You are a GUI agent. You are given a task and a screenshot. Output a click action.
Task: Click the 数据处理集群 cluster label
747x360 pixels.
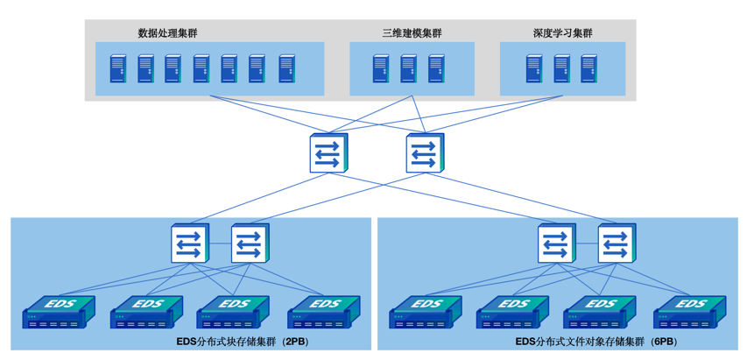coord(167,33)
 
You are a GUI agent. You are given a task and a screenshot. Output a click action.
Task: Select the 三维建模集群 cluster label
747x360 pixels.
coord(412,33)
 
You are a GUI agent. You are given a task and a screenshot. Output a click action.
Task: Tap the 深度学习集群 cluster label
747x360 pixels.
coord(562,33)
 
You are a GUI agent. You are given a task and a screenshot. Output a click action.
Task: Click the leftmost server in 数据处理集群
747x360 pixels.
coord(117,68)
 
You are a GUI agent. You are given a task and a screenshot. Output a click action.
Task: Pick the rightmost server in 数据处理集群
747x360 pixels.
coord(286,68)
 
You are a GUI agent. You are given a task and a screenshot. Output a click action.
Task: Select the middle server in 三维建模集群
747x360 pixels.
coord(408,68)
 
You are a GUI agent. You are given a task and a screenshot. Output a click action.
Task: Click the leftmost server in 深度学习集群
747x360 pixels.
coord(534,68)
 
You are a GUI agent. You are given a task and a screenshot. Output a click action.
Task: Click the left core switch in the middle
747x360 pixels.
coord(328,153)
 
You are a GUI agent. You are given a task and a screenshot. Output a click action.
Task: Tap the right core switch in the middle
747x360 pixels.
coord(425,153)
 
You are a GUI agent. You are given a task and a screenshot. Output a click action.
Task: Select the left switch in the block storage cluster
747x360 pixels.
coord(190,243)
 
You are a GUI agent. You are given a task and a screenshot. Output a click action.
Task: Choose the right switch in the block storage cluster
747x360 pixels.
coord(250,243)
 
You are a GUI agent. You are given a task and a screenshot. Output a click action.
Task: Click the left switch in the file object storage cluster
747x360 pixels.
coord(557,243)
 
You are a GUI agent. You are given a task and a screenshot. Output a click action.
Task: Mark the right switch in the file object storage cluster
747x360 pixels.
coord(617,243)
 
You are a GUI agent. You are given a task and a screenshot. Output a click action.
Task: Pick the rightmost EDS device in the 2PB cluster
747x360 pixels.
coord(324,312)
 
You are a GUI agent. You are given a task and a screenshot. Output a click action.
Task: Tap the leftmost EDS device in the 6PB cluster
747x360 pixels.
coord(426,312)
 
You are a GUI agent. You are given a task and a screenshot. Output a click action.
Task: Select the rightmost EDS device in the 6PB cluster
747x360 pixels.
coord(690,312)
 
